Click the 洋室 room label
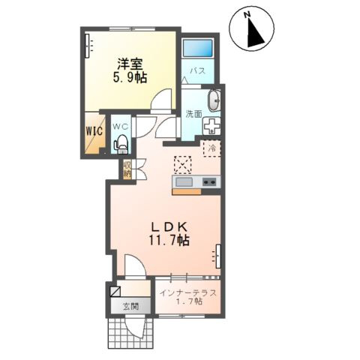point(130,64)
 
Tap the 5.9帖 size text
point(130,78)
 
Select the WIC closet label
point(94,130)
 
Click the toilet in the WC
point(121,144)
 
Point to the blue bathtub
point(198,48)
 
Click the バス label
point(198,70)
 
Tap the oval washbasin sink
point(214,100)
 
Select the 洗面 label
point(193,114)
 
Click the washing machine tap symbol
point(212,126)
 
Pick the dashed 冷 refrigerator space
point(212,149)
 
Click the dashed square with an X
point(183,165)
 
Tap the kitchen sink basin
point(184,181)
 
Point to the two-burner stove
point(209,181)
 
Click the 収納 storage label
point(127,169)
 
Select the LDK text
point(169,227)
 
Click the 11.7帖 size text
point(169,241)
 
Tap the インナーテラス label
point(188,293)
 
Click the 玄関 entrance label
point(131,306)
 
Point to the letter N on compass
point(247,15)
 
